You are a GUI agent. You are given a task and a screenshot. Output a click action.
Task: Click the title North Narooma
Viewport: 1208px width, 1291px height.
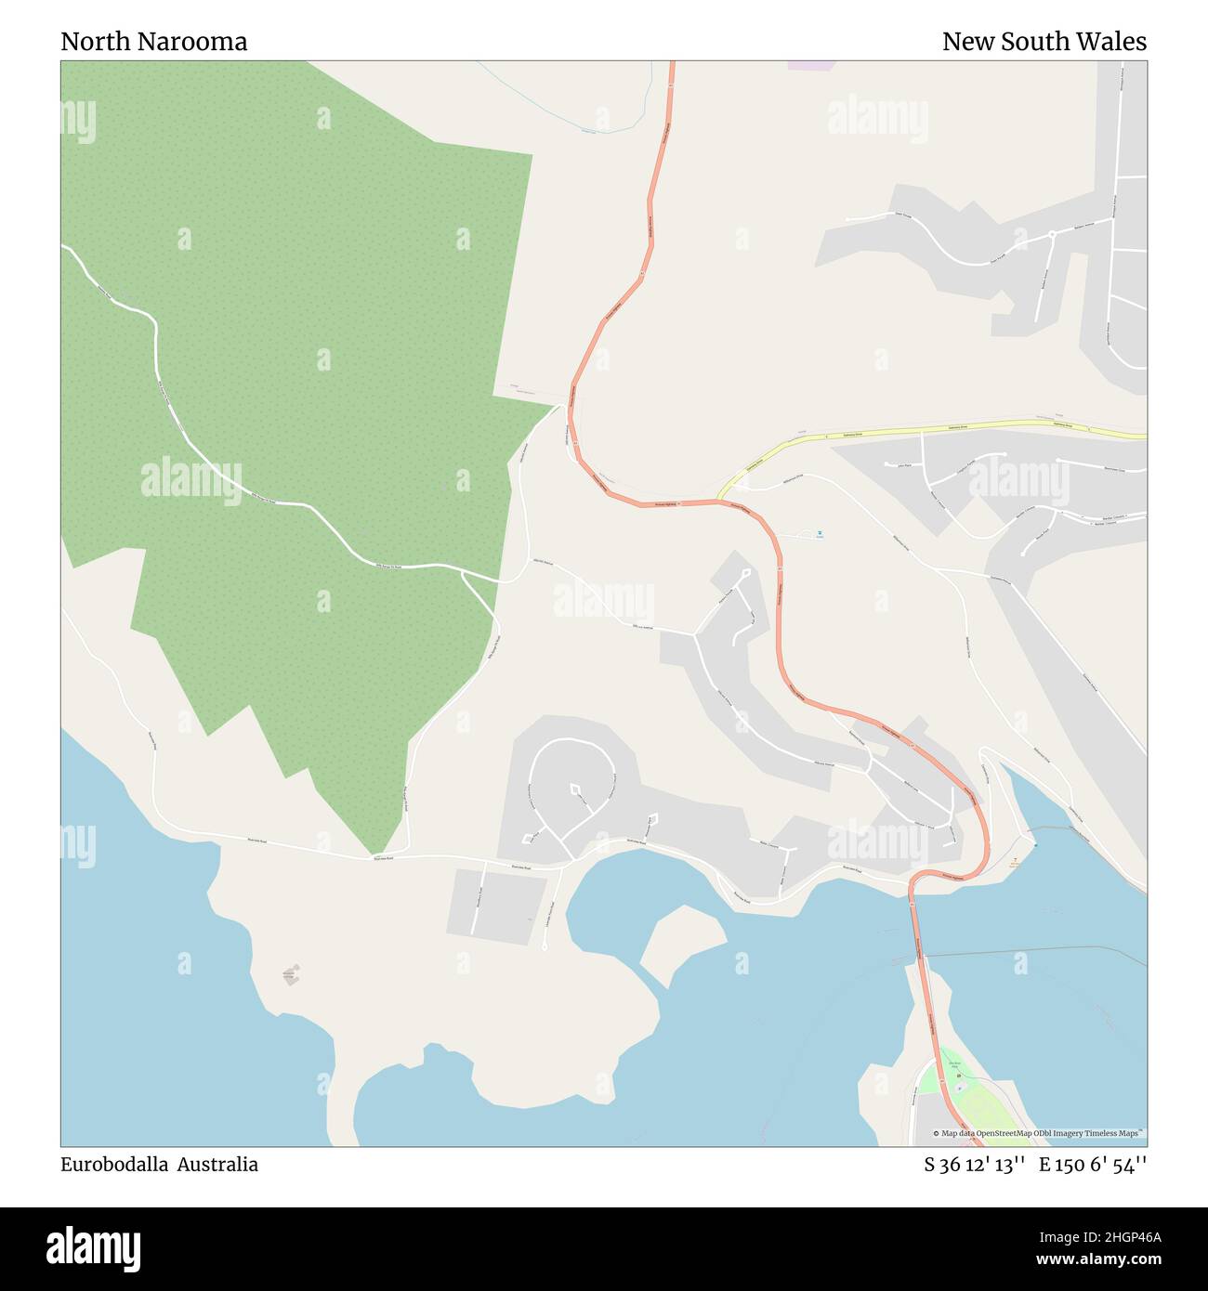tap(153, 42)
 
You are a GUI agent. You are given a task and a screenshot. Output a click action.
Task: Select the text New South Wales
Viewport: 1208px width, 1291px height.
tap(1044, 42)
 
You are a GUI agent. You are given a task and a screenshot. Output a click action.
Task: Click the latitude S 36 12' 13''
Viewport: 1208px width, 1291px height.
tap(974, 1165)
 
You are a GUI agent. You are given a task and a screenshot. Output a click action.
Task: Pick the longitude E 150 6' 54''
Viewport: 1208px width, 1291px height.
tap(1093, 1165)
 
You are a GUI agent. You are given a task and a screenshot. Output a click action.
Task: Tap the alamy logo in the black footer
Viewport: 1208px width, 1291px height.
tap(93, 1247)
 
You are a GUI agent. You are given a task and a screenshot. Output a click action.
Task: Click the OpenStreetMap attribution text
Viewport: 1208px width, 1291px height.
tap(1039, 1133)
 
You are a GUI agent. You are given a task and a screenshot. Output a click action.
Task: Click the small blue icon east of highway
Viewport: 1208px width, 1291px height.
tap(820, 533)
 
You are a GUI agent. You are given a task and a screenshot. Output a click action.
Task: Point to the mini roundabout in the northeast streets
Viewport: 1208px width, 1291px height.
tap(1051, 233)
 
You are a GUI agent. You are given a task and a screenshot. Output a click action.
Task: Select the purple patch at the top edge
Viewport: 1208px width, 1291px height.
tap(810, 65)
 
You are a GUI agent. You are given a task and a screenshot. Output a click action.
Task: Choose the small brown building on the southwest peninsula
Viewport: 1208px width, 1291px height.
tap(293, 974)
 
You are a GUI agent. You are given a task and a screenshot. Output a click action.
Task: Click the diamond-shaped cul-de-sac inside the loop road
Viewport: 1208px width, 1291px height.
tap(575, 790)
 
